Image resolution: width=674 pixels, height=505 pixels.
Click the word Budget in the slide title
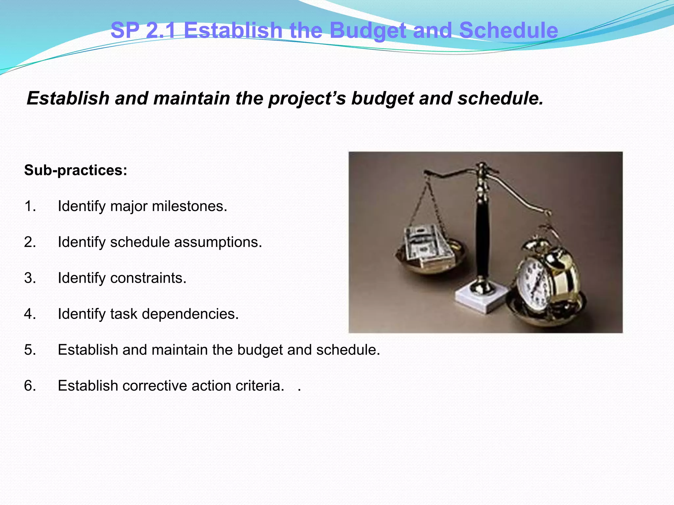pos(368,31)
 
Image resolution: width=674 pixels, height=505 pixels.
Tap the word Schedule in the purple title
pos(508,31)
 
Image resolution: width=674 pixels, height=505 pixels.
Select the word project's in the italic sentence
pos(307,99)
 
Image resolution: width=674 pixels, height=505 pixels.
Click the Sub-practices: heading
pos(76,170)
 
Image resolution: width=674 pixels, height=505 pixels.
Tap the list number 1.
pos(30,206)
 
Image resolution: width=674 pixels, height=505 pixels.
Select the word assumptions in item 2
pos(218,242)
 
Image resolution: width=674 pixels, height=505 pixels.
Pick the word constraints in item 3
pos(148,278)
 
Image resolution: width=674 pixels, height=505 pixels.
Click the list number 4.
pos(30,314)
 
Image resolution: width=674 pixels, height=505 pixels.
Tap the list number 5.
pos(30,350)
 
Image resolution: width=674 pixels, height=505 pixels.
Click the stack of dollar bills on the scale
pos(428,247)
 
